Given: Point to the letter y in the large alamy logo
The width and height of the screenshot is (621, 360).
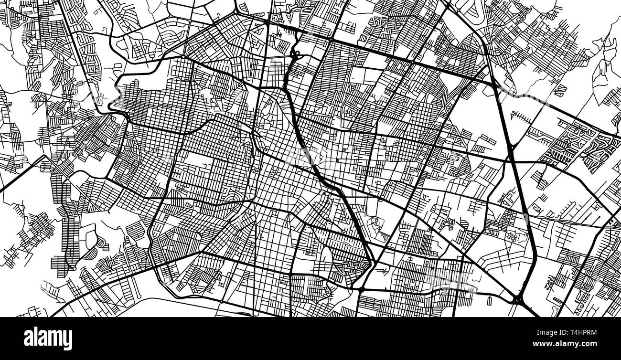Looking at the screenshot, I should click(x=67, y=340).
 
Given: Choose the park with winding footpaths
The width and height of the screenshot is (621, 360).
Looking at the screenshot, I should click(x=377, y=228).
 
